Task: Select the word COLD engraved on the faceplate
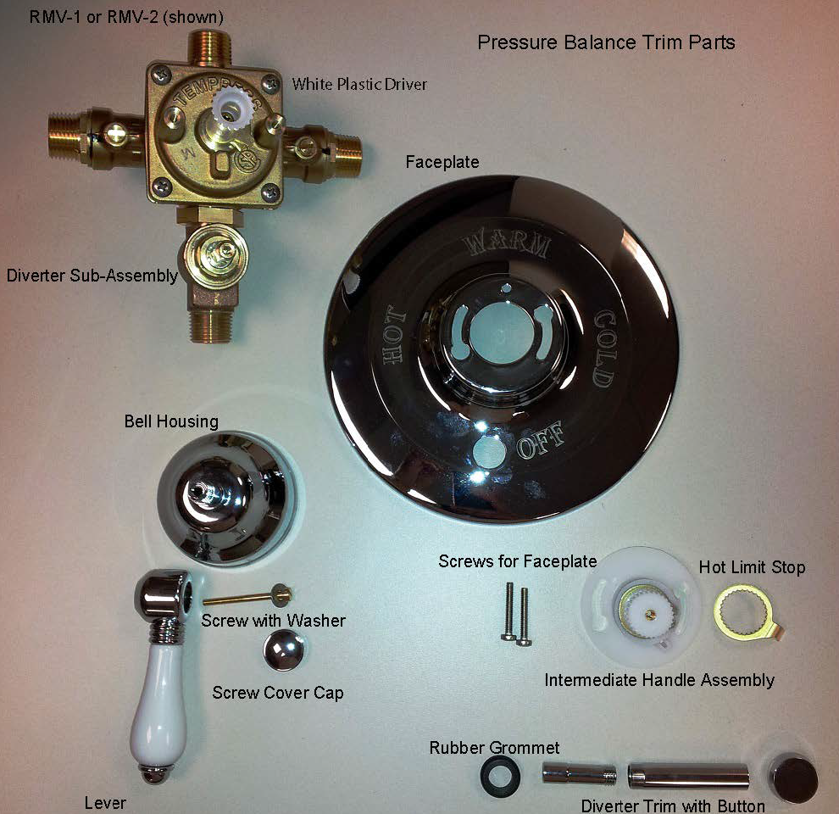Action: [x=605, y=348]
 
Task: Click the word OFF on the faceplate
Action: [x=541, y=440]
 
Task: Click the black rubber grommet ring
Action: [x=502, y=774]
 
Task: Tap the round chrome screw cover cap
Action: [x=284, y=650]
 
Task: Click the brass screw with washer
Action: [x=247, y=597]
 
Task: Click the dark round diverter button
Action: [x=793, y=778]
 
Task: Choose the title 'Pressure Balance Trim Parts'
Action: [x=606, y=42]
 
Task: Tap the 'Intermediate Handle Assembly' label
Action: [x=659, y=680]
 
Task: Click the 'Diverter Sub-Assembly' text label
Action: [x=92, y=276]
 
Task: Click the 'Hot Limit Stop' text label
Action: [x=752, y=567]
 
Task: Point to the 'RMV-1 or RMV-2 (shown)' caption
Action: [x=126, y=17]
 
